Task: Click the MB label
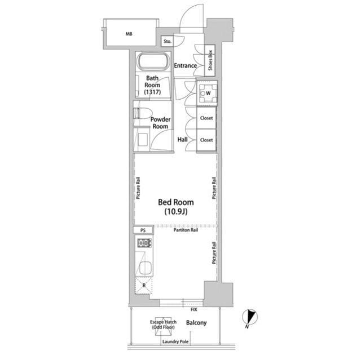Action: click(x=129, y=34)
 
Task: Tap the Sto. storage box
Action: click(x=167, y=41)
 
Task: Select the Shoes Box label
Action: click(x=210, y=60)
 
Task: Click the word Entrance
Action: click(x=186, y=66)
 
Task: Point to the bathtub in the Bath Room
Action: click(x=153, y=61)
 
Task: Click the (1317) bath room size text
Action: click(x=152, y=92)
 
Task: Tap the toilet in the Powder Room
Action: click(x=143, y=113)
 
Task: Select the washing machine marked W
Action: click(x=208, y=93)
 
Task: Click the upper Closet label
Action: click(x=206, y=118)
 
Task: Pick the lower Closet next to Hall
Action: click(x=206, y=140)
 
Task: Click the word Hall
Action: click(x=182, y=140)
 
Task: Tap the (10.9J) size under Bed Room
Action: click(x=176, y=211)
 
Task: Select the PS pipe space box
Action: click(x=143, y=230)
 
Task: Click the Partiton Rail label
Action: click(x=186, y=230)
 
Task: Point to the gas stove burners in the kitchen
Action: click(x=144, y=243)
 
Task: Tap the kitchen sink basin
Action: click(x=146, y=268)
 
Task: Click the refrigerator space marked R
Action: click(x=144, y=285)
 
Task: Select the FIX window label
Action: click(x=194, y=310)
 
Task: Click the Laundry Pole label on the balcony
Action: click(x=175, y=341)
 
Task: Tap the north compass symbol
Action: click(x=250, y=317)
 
